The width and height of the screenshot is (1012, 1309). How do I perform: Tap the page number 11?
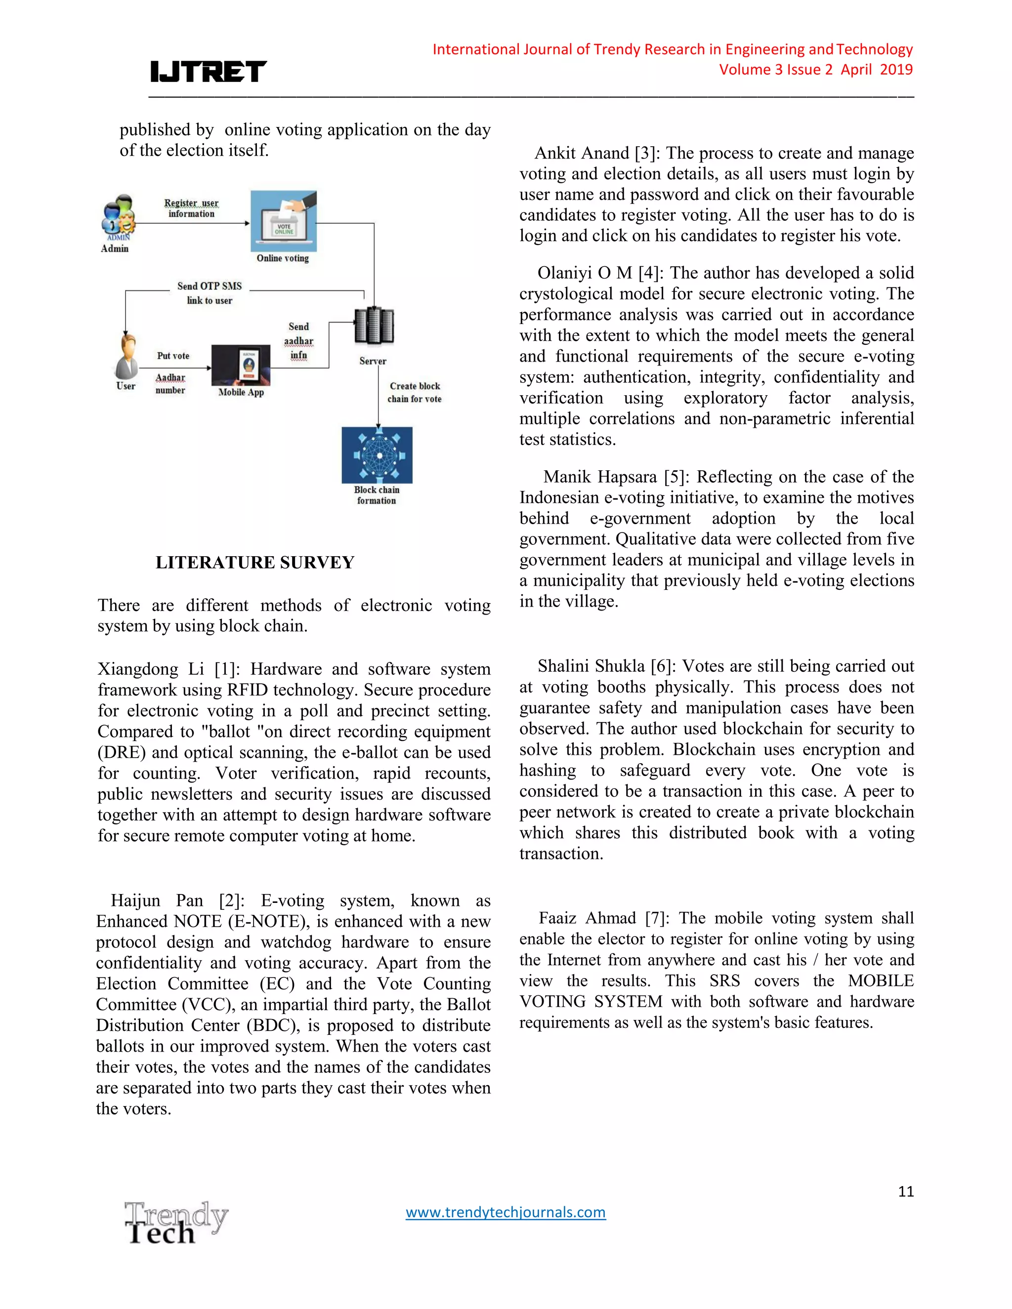[905, 1191]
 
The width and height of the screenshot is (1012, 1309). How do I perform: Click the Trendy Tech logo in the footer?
[175, 1223]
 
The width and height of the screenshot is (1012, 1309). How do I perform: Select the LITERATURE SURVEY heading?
[255, 562]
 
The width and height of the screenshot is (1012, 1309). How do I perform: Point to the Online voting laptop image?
[283, 221]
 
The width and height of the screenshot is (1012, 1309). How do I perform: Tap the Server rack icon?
[374, 327]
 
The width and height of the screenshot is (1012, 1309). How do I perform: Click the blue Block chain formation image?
[377, 455]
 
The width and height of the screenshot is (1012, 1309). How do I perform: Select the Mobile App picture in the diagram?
[241, 365]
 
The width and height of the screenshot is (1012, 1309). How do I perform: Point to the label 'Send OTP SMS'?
[209, 286]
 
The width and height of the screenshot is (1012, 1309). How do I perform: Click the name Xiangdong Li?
[151, 669]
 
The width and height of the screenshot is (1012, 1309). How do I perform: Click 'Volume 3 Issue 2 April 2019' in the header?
[815, 70]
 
